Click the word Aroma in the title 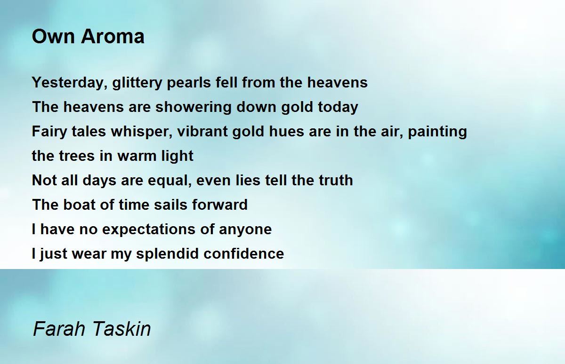tap(113, 37)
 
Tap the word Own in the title tap(53, 37)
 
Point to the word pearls tap(189, 82)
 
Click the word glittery tap(137, 83)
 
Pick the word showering tap(193, 107)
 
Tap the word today tap(338, 107)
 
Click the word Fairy tap(49, 132)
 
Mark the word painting tap(437, 132)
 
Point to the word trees tap(76, 156)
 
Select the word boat tap(79, 205)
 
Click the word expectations tap(149, 229)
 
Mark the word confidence tap(244, 253)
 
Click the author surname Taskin tap(121, 329)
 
